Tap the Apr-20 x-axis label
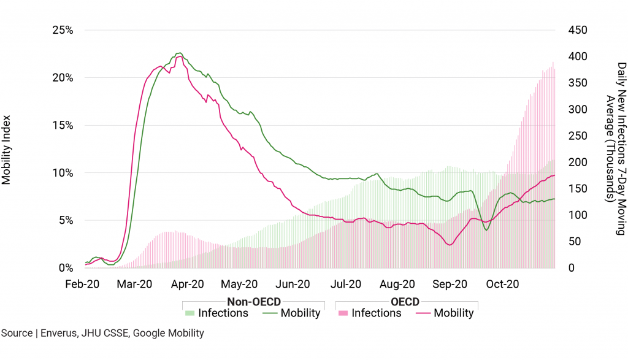(x=188, y=284)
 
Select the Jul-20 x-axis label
(x=347, y=284)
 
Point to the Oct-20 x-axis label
(x=503, y=284)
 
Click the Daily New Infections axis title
(x=616, y=149)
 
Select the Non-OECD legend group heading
(x=253, y=302)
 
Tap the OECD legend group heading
(x=405, y=302)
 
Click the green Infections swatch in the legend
(x=190, y=313)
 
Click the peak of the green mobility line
(x=178, y=53)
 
